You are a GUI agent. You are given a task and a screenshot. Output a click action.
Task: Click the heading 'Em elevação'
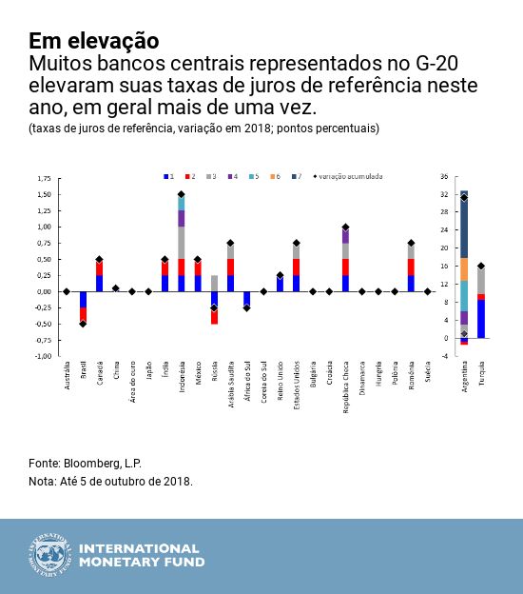click(x=93, y=41)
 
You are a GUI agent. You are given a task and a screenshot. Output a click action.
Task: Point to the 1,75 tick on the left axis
click(x=44, y=178)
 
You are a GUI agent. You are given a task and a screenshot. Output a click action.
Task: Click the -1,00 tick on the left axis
click(x=43, y=356)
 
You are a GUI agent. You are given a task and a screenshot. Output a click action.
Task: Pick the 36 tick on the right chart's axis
click(x=443, y=177)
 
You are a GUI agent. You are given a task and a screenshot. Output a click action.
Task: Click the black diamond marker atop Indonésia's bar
click(x=181, y=194)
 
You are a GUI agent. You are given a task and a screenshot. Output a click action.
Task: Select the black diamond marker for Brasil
click(x=83, y=324)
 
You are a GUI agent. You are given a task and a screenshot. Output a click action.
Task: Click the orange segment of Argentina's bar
click(x=464, y=269)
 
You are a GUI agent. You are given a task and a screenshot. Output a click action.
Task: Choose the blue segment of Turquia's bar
click(x=481, y=319)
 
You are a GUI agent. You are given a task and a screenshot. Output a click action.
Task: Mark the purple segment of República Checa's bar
click(x=345, y=236)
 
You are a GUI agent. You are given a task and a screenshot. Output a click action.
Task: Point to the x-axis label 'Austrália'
click(x=67, y=377)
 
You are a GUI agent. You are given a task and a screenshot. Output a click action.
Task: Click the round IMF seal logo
click(x=49, y=555)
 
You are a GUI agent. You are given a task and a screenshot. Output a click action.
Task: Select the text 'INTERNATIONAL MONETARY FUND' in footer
click(x=139, y=555)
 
